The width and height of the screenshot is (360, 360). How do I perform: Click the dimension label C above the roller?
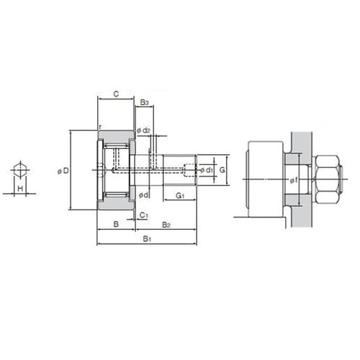click(116, 94)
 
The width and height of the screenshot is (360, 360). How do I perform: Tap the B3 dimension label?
click(144, 103)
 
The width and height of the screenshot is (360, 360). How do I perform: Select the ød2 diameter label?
click(143, 130)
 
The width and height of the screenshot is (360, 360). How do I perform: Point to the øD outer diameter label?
click(63, 171)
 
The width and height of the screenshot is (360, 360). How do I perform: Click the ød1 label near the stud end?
click(207, 170)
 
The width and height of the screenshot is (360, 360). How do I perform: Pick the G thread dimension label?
click(222, 170)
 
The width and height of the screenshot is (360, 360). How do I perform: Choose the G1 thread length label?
click(180, 196)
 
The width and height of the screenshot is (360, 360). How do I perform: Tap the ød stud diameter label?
click(144, 195)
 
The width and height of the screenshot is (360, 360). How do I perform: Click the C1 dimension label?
click(143, 215)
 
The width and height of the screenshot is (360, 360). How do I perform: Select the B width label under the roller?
click(116, 224)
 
